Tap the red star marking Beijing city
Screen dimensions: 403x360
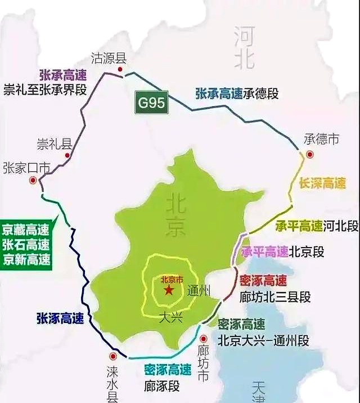pyautogui.click(x=169, y=290)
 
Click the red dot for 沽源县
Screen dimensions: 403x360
pyautogui.click(x=120, y=69)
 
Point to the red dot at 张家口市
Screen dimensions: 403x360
pyautogui.click(x=33, y=180)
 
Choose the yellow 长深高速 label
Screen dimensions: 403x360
pyautogui.click(x=322, y=183)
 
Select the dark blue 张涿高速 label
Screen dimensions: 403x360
pyautogui.click(x=60, y=318)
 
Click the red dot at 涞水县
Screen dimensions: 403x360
pyautogui.click(x=114, y=356)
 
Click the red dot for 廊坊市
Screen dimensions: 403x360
pyautogui.click(x=204, y=339)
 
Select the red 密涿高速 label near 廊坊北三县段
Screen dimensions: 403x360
pyautogui.click(x=263, y=281)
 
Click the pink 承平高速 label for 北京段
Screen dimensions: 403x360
pyautogui.click(x=264, y=252)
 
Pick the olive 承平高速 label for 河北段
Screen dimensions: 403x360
pyautogui.click(x=298, y=226)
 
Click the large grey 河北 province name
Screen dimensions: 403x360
pyautogui.click(x=245, y=48)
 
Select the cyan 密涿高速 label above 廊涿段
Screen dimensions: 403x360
pyautogui.click(x=168, y=370)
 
